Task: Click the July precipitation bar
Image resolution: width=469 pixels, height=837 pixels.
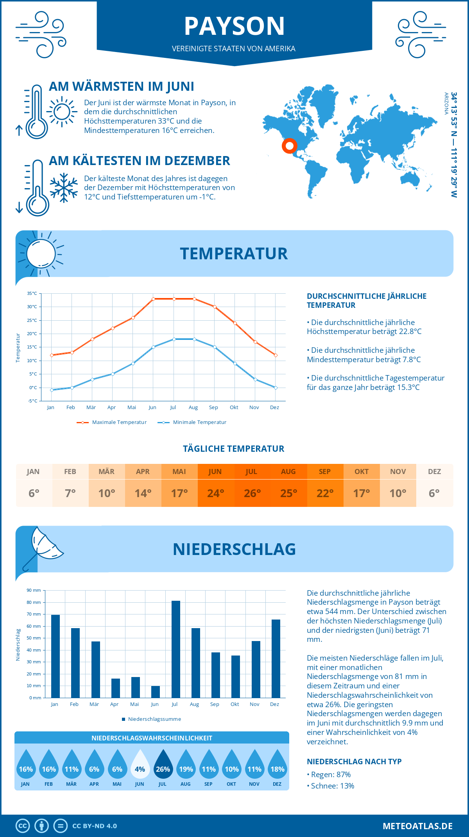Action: click(x=175, y=649)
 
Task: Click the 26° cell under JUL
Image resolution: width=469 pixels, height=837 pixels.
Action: click(x=252, y=493)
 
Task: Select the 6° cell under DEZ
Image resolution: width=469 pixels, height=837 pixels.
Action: click(x=434, y=493)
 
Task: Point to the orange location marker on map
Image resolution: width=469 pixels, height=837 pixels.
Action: click(x=290, y=146)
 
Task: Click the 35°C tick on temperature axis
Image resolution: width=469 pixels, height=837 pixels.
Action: click(x=32, y=293)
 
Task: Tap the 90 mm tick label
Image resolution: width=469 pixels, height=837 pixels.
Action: click(x=34, y=590)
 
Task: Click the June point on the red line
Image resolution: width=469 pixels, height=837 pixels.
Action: click(x=153, y=299)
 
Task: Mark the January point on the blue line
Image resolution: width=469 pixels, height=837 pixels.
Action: click(x=52, y=390)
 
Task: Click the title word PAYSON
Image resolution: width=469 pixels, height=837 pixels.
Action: click(x=234, y=26)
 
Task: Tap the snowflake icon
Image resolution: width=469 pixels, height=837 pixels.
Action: click(x=64, y=187)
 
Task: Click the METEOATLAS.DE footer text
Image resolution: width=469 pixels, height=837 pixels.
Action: click(x=417, y=826)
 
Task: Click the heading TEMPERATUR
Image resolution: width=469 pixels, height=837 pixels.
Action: click(x=234, y=253)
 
